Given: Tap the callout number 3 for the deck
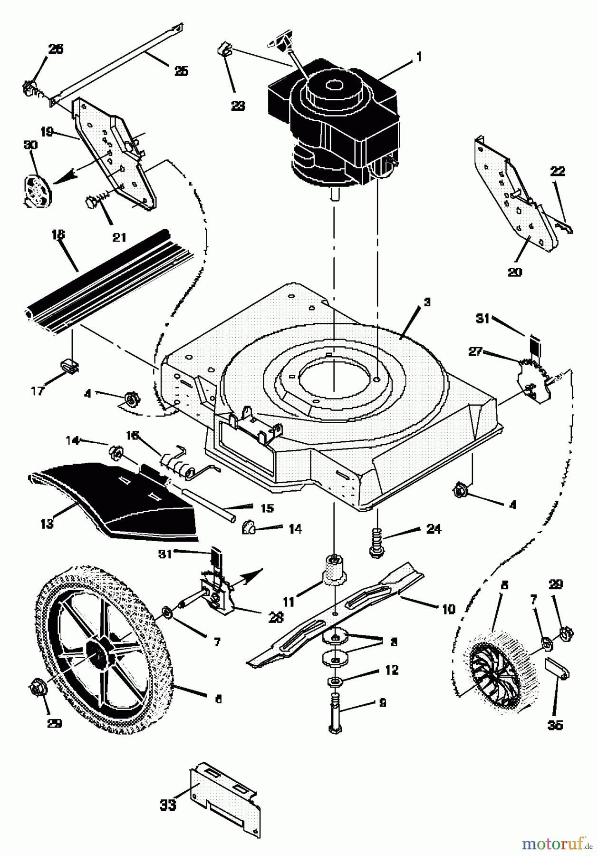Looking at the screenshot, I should coord(427,302).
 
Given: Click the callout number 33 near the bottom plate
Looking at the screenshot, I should coord(168,805).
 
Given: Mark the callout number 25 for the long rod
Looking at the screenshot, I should coord(181,71).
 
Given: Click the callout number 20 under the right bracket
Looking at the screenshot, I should coord(515,272).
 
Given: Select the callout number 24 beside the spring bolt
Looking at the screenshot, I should coord(434,528).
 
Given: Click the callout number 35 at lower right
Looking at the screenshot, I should coord(555,725).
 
